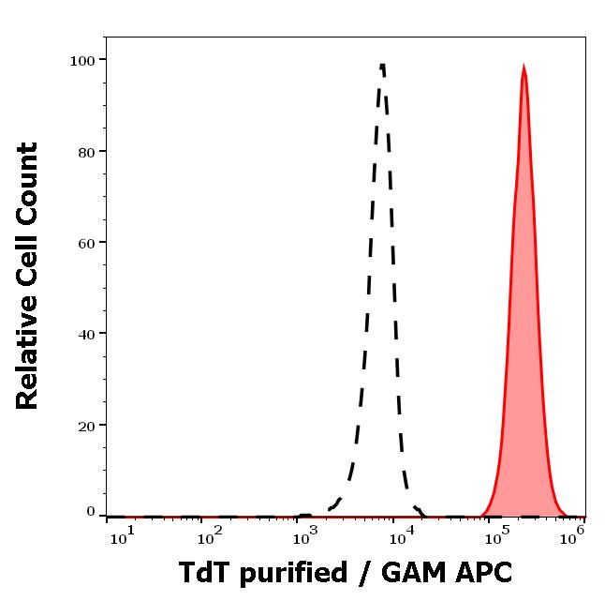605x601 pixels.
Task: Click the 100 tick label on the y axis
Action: [83, 60]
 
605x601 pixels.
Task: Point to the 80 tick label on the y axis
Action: [87, 151]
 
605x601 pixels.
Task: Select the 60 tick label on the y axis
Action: [87, 243]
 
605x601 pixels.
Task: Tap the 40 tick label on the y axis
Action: [87, 334]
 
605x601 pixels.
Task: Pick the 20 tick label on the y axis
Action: [87, 426]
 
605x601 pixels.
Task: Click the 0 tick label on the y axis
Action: [91, 512]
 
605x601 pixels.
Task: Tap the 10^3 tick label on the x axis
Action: [306, 537]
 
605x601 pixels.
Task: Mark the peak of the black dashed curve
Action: [382, 65]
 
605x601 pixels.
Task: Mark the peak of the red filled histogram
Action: [524, 66]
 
